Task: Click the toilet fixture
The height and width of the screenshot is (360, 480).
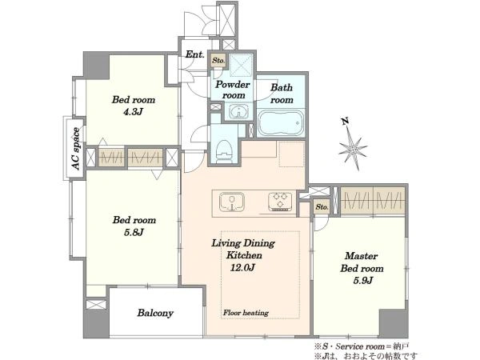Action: (x=223, y=151)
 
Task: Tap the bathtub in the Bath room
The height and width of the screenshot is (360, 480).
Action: (x=281, y=122)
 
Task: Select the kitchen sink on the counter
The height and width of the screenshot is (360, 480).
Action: (x=232, y=202)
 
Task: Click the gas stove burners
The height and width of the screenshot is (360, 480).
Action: (x=280, y=202)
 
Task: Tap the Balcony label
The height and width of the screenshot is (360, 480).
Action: (x=155, y=313)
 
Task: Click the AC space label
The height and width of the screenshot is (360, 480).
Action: (x=76, y=149)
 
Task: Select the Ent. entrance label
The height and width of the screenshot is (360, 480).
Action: (x=194, y=54)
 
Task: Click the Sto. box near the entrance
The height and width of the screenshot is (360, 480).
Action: (x=218, y=60)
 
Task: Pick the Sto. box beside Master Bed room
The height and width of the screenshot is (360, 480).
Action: (x=322, y=207)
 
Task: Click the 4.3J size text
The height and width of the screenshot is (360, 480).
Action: (x=133, y=112)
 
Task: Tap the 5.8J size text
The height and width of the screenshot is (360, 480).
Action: (x=134, y=232)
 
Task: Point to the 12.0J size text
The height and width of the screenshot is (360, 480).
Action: (x=242, y=268)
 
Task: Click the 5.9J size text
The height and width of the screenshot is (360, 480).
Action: (x=362, y=281)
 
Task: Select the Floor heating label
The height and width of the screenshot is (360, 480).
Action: (x=246, y=313)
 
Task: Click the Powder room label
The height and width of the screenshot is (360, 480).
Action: (x=233, y=90)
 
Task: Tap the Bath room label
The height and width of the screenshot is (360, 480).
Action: (x=282, y=94)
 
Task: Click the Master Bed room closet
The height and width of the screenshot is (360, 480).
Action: (x=373, y=201)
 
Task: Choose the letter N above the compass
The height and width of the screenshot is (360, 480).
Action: (x=346, y=122)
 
